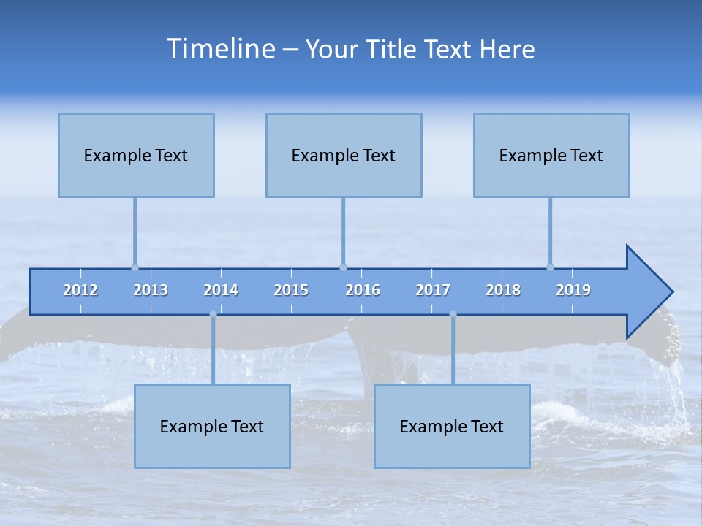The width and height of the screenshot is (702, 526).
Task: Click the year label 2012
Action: [x=80, y=290]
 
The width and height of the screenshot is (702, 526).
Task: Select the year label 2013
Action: [x=151, y=290]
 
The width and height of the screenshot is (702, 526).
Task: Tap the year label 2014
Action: [x=221, y=290]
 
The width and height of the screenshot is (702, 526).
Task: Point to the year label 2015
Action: [x=291, y=290]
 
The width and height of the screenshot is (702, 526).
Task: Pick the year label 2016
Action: [x=363, y=290]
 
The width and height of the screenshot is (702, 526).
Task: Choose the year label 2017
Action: [x=433, y=290]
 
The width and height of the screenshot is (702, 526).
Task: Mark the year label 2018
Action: [x=503, y=290]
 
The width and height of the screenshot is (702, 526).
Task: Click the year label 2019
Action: [x=573, y=290]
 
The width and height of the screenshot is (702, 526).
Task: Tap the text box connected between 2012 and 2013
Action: [x=136, y=155]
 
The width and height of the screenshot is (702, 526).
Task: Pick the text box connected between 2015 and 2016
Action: [x=344, y=155]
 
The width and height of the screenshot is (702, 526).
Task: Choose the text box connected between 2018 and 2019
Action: [x=551, y=155]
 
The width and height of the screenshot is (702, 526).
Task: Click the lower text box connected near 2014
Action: [x=212, y=426]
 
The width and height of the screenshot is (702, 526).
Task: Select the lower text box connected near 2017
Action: [x=452, y=426]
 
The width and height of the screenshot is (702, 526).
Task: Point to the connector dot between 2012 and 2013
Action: [x=135, y=267]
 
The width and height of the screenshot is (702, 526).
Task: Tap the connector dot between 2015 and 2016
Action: [x=343, y=267]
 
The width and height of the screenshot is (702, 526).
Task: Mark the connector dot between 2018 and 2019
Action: [x=550, y=267]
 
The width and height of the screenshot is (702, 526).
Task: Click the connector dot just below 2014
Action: [x=213, y=314]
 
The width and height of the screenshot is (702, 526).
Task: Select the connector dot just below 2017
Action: [x=453, y=314]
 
